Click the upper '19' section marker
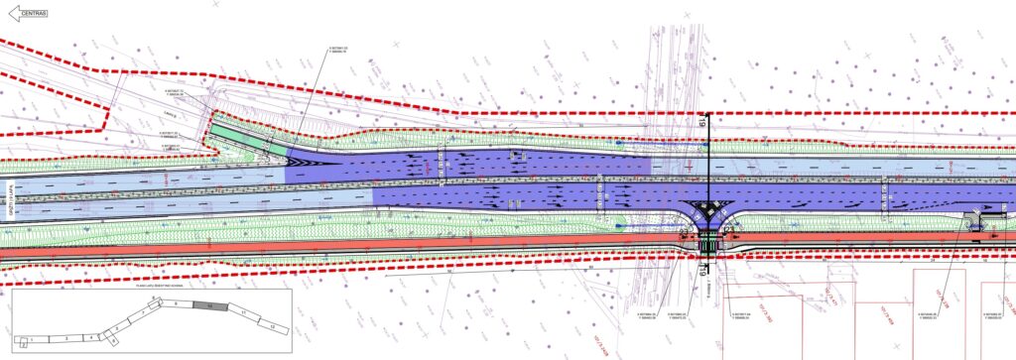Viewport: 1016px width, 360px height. point(700,123)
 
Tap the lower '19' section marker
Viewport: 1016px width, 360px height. point(700,267)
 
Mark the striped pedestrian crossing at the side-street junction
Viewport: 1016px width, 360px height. point(706,244)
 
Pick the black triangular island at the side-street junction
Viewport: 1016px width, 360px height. point(707,211)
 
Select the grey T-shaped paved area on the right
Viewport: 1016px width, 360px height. point(977,219)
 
